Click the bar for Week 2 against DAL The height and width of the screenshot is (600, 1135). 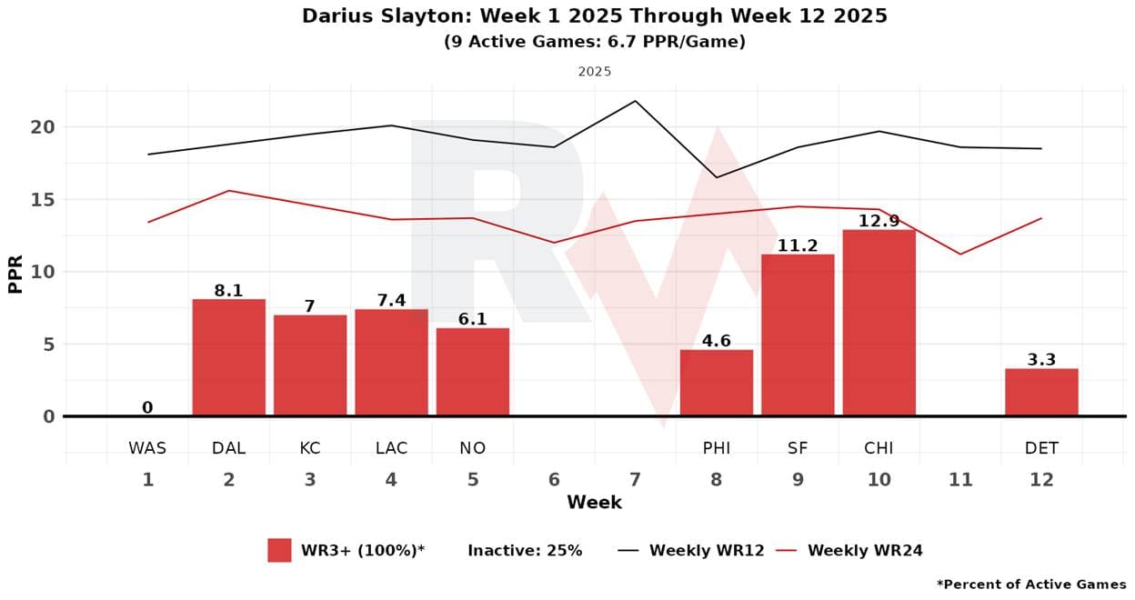click(x=228, y=357)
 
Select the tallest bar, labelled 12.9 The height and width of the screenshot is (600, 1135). click(x=879, y=323)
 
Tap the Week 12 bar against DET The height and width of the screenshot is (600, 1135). click(x=1041, y=392)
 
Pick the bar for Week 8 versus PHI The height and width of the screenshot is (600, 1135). click(x=717, y=383)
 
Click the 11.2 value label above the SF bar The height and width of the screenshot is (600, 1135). click(x=798, y=246)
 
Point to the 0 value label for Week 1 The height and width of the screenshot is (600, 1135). click(x=147, y=408)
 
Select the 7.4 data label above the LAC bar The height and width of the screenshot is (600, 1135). click(x=391, y=301)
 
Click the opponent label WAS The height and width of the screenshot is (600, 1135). click(x=147, y=448)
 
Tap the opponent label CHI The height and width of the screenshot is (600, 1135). click(x=879, y=448)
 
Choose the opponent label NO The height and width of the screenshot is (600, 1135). click(x=473, y=448)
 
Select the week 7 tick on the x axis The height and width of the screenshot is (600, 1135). click(x=635, y=480)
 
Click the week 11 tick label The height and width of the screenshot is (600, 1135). click(x=959, y=480)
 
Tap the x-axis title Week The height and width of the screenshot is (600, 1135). click(x=594, y=503)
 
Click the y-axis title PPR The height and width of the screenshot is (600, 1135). click(x=15, y=272)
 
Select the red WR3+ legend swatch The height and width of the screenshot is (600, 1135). click(x=279, y=550)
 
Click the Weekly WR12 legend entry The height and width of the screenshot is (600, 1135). click(x=706, y=550)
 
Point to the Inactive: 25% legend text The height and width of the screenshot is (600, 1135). click(x=525, y=550)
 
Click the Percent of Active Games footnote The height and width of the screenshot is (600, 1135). click(x=1031, y=585)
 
